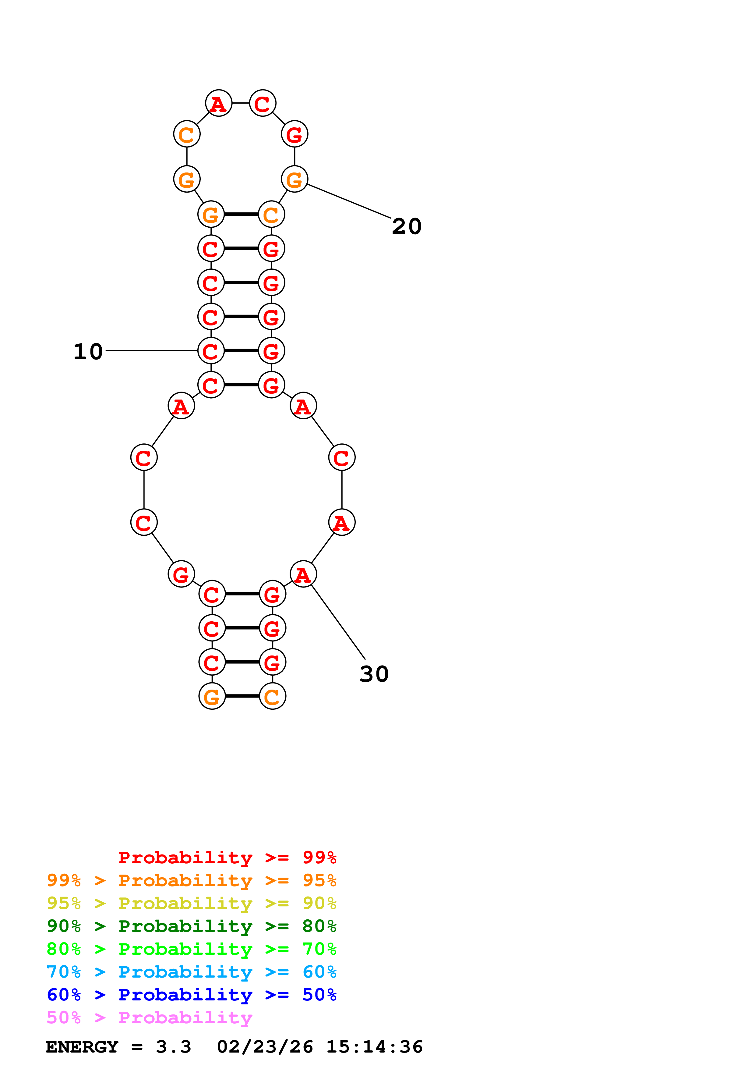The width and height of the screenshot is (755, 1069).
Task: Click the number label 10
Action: [x=88, y=352]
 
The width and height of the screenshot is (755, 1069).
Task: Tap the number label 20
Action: [x=407, y=227]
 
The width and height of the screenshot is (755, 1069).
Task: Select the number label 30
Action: [x=374, y=674]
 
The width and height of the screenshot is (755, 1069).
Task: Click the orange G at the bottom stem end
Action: [x=212, y=697]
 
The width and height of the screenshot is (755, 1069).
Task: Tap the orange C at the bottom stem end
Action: [x=272, y=697]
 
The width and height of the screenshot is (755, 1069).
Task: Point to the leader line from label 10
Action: [x=151, y=350]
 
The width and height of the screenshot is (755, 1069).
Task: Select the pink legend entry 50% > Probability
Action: [x=149, y=1018]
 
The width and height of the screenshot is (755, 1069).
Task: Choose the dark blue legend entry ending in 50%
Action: [x=191, y=995]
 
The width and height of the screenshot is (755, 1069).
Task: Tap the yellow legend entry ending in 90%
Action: [x=191, y=903]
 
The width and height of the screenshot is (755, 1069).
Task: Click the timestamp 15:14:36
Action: [x=374, y=1047]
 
